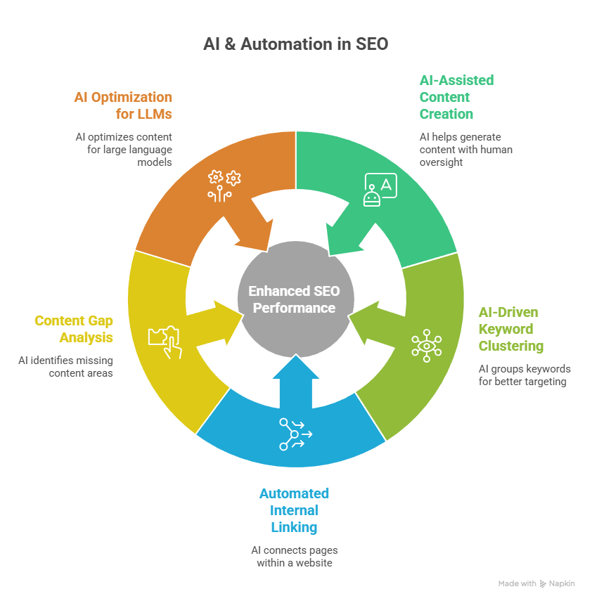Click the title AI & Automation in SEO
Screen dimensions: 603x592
295,44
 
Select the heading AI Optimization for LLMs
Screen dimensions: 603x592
123,105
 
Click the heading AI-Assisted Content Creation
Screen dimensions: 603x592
456,97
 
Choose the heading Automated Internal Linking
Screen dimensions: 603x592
294,510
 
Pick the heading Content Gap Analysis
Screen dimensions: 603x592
74,329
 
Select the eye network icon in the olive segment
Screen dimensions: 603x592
426,345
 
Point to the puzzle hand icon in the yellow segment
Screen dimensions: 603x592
165,342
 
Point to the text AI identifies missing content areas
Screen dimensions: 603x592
66,366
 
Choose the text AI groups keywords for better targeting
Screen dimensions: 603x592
525,375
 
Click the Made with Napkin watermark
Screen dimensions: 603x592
536,583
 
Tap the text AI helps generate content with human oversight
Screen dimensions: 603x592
465,149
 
